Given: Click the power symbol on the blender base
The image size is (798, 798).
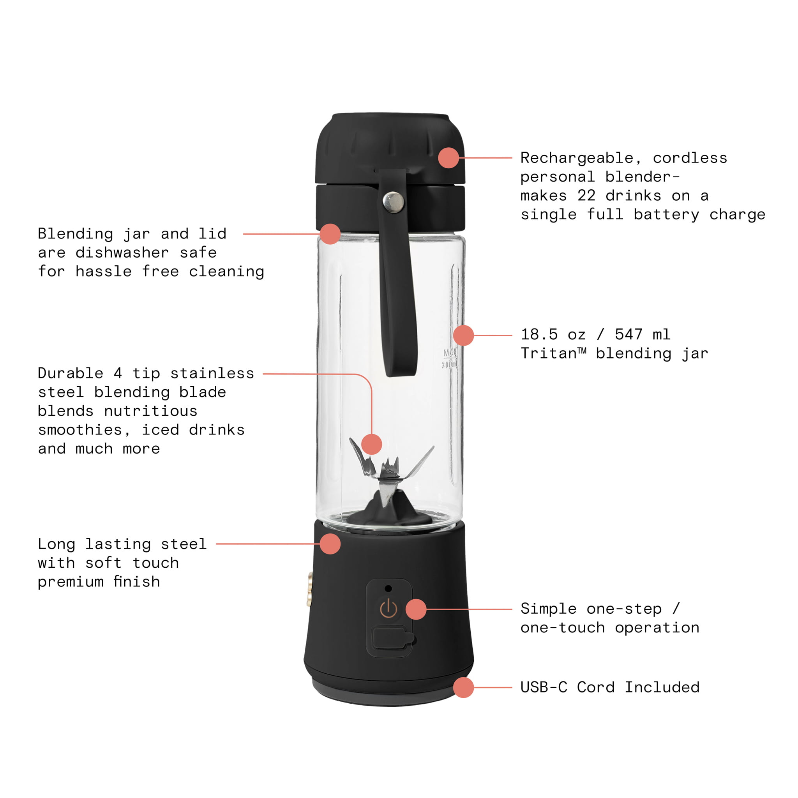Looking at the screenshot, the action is [x=388, y=609].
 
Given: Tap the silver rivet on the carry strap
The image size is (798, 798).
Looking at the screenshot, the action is [x=393, y=201].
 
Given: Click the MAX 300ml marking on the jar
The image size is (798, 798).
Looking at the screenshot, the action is [x=450, y=358].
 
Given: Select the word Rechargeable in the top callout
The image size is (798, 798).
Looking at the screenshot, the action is [x=576, y=158].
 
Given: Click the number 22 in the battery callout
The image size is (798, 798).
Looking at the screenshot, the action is [x=586, y=195].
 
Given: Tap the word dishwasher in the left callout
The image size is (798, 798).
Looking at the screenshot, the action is [x=122, y=252].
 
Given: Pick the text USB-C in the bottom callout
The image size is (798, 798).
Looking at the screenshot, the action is [x=544, y=687].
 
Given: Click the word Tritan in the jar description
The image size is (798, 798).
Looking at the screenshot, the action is [x=548, y=353].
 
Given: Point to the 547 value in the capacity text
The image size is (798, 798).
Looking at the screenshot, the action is [x=629, y=334].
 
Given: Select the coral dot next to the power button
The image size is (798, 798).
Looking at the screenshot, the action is [x=416, y=609].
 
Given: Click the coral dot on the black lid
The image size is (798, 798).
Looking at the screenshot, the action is [x=448, y=158].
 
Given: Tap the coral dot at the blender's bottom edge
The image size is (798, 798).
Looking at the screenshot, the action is [x=463, y=687].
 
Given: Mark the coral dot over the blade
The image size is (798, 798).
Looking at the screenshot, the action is [x=371, y=444].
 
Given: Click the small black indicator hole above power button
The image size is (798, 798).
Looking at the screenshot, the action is [x=388, y=588].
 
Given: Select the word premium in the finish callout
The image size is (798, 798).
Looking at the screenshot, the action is [x=70, y=582].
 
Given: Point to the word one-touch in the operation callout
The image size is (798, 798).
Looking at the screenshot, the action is [x=563, y=628].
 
